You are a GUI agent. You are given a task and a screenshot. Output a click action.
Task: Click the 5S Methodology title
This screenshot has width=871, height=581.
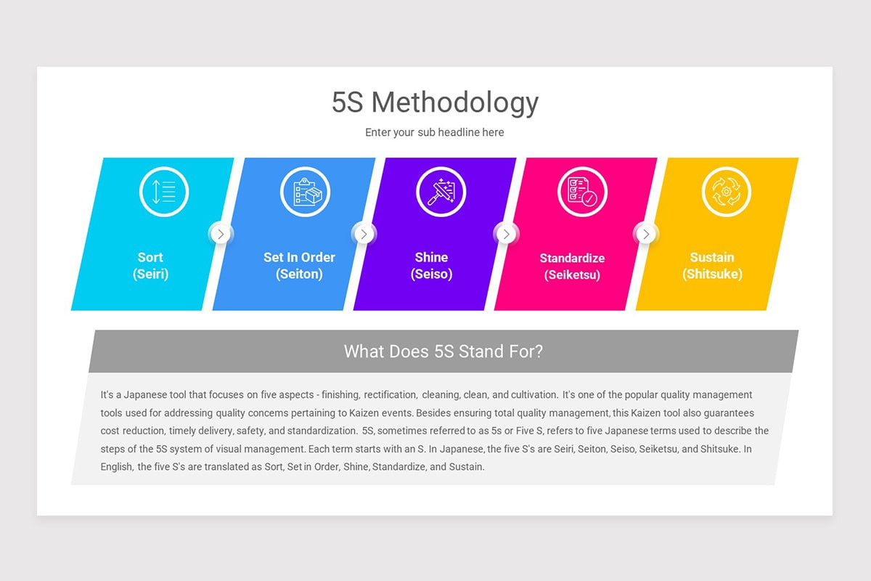435,103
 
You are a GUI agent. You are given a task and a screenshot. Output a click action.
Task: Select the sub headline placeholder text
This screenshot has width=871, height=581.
435,132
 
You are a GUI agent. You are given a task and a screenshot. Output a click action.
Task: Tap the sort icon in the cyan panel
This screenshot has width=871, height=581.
164,192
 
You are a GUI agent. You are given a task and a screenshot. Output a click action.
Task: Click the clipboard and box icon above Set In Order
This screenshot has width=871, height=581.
305,192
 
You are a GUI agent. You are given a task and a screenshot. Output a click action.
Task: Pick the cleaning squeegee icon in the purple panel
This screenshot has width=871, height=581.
441,192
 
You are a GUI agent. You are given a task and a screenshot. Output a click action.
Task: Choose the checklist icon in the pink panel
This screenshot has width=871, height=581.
582,192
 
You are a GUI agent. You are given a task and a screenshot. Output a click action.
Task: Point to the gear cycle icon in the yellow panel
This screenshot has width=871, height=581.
726,192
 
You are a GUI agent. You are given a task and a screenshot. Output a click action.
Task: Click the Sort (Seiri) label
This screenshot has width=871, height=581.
150,266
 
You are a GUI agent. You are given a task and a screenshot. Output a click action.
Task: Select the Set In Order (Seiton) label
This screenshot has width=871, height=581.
299,266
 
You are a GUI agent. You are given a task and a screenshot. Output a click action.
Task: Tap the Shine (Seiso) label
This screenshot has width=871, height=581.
431,266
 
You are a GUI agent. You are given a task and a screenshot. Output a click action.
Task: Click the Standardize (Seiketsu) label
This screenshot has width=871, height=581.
572,267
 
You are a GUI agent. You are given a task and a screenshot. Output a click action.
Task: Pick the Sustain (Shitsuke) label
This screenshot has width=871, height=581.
712,266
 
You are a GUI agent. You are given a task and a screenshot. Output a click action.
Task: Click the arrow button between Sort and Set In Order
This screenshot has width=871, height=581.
221,234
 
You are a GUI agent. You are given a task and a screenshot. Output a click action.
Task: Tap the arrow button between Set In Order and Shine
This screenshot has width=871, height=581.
364,234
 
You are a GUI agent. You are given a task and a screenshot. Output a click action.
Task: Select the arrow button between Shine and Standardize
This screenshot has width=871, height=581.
506,234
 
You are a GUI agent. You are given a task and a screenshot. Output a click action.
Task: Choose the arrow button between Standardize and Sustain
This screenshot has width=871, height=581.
645,234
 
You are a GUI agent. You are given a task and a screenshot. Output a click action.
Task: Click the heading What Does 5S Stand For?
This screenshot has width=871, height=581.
443,352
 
